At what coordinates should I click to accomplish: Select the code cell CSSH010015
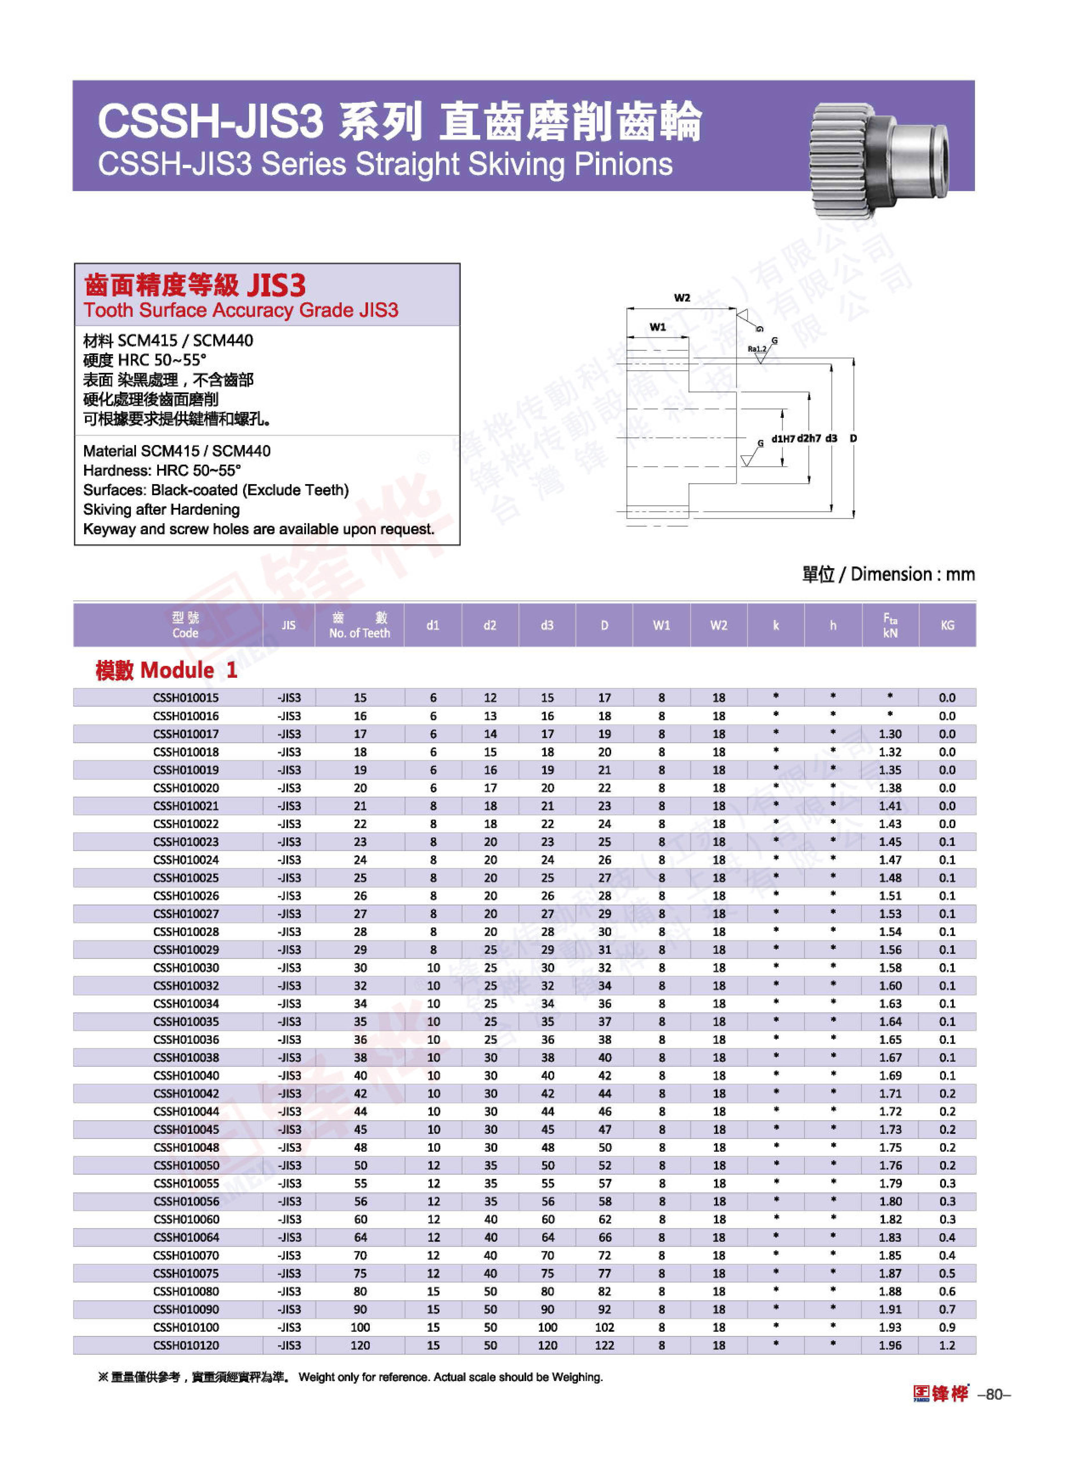pos(186,697)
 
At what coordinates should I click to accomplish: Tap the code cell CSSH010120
pos(186,1345)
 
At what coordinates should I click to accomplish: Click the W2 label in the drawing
pos(682,297)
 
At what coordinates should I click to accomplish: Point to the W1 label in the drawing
pos(657,327)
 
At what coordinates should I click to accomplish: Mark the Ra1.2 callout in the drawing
pos(756,349)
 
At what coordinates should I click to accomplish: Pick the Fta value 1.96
pos(890,1345)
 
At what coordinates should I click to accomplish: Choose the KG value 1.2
pos(947,1345)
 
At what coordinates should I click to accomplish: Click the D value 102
pos(604,1327)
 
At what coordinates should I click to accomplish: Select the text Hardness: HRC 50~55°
pos(162,470)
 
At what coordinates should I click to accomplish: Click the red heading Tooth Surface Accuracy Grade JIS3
pos(241,311)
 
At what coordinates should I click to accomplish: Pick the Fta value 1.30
pos(890,734)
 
